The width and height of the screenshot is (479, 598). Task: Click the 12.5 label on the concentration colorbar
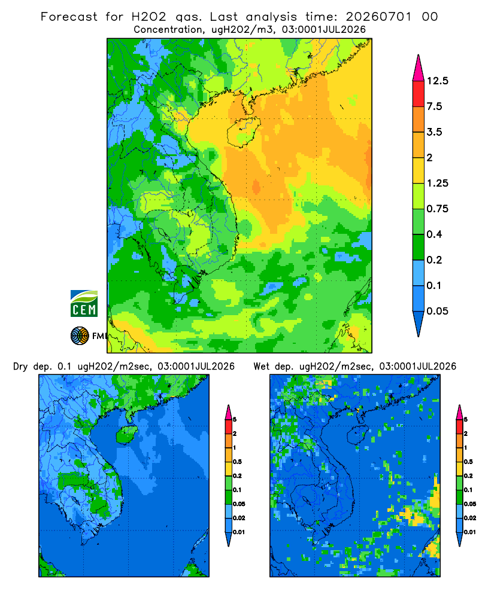(x=437, y=81)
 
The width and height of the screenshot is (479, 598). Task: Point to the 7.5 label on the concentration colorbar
(x=434, y=106)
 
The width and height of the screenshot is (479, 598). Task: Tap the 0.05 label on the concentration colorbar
(x=437, y=311)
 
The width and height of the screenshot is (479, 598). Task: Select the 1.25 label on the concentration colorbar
(x=437, y=183)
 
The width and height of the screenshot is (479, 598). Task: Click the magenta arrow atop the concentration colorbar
(x=419, y=69)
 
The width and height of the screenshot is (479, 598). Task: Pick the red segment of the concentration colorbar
(x=419, y=94)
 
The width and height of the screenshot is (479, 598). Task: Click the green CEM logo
(x=84, y=304)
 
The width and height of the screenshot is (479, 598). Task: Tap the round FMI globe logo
(x=80, y=336)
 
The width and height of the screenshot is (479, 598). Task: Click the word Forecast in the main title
(x=69, y=17)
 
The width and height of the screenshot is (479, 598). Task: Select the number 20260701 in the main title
(x=378, y=17)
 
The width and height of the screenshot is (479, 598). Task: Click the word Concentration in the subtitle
(x=168, y=30)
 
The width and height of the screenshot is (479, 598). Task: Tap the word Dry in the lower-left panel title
(x=20, y=367)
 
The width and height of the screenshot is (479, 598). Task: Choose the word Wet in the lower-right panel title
(x=262, y=367)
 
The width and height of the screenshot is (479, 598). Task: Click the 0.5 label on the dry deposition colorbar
(x=237, y=462)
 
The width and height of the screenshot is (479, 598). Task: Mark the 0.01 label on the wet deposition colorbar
(x=470, y=532)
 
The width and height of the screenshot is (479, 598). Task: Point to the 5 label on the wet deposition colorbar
(x=466, y=419)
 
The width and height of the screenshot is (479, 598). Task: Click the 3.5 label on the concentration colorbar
(x=434, y=132)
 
